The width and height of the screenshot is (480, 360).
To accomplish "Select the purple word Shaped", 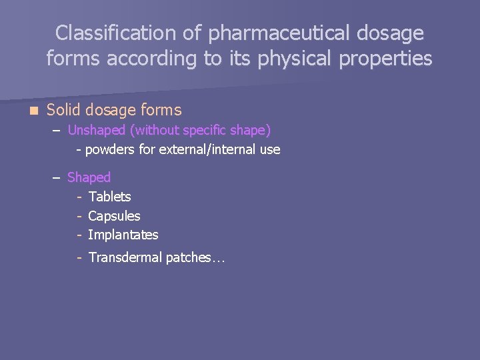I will tap(89, 177).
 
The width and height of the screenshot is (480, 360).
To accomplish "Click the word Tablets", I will tap(109, 197).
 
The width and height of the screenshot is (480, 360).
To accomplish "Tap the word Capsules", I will tap(114, 216).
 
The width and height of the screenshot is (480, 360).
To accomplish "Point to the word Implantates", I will tap(123, 235).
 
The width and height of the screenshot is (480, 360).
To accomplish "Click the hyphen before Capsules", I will tap(79, 216).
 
